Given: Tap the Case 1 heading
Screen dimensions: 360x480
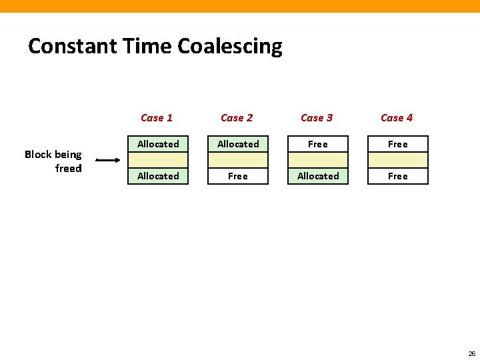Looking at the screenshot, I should [157, 118].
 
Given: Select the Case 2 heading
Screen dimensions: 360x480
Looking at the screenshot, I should [237, 118].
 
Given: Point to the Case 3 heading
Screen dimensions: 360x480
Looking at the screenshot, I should [317, 118].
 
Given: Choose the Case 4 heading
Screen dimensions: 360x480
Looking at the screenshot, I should [397, 118].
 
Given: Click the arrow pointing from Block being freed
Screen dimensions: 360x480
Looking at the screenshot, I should [107, 160].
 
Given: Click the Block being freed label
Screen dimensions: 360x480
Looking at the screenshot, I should [53, 161].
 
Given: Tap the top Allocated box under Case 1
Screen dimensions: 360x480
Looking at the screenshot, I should [158, 144].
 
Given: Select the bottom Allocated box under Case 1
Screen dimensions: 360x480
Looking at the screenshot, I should [158, 176].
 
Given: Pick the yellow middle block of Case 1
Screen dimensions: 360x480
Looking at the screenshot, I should [158, 160].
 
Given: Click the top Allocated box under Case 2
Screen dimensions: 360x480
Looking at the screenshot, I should [238, 144].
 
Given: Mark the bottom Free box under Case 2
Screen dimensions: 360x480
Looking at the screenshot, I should [238, 176].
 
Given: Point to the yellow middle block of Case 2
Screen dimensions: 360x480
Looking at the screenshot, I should [238, 160].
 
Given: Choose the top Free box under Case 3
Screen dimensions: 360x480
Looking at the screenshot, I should [318, 144].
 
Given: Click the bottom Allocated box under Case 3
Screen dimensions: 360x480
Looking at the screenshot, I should [318, 176].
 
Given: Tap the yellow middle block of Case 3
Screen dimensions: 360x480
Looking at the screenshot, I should [318, 160].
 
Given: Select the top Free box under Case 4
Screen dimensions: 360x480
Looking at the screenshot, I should [398, 144].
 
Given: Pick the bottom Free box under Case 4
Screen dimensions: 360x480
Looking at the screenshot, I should [398, 176].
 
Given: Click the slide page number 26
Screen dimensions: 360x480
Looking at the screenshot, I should [471, 353].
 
